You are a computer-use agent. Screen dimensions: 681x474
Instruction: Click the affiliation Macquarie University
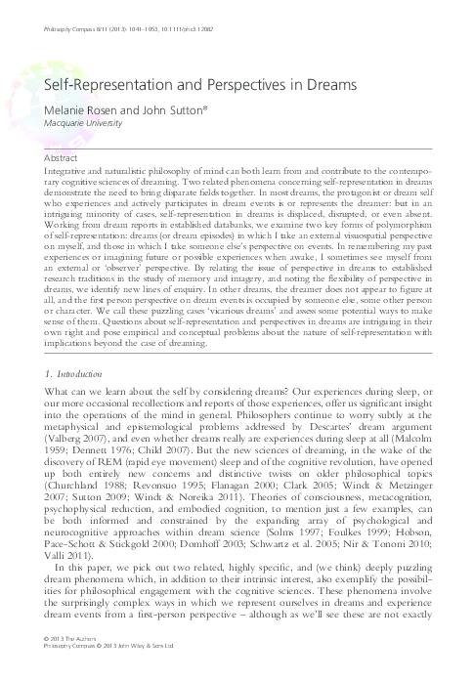pyautogui.click(x=86, y=123)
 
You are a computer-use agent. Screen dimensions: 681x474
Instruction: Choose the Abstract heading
pyautogui.click(x=62, y=156)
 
